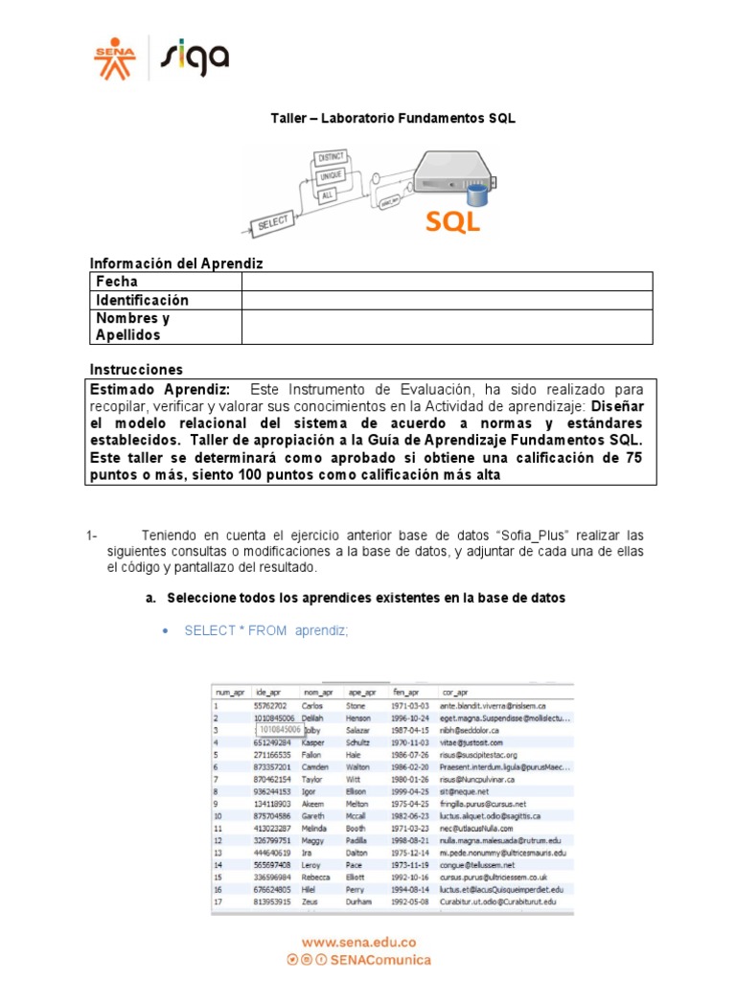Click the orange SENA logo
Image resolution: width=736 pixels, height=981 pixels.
115,57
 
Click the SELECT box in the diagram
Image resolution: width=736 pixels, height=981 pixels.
272,225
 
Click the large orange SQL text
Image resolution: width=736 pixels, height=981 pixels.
453,222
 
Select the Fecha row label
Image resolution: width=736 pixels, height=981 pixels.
116,282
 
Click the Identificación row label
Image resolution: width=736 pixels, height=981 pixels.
142,300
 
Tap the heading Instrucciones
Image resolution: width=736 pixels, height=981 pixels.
136,369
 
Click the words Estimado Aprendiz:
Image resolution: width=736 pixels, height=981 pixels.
159,389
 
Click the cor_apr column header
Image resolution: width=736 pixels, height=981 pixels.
456,692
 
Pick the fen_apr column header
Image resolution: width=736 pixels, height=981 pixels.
405,692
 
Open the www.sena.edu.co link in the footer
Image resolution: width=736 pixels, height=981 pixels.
358,943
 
